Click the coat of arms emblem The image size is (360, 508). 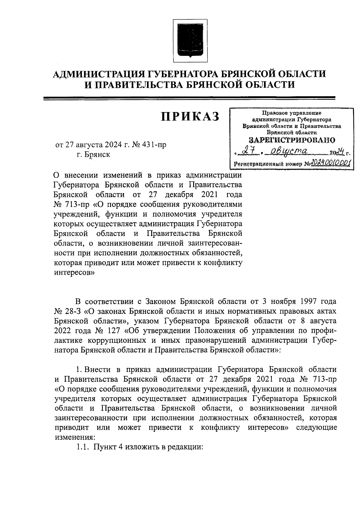pyautogui.click(x=190, y=38)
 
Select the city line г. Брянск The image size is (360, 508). pyautogui.click(x=93, y=155)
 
